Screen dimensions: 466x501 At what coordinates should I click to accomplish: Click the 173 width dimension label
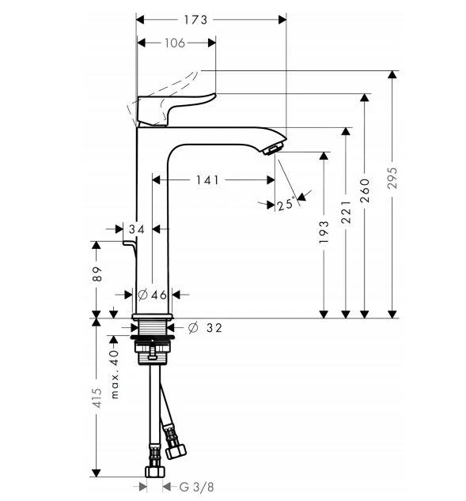[195, 20]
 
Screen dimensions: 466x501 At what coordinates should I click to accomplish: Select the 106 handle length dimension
[175, 43]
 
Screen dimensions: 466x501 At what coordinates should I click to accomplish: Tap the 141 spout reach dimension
[207, 180]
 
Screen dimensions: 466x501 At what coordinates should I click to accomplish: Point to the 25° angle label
[286, 204]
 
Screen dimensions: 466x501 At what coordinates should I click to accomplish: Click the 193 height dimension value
[324, 232]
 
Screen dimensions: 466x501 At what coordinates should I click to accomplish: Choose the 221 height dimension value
[346, 212]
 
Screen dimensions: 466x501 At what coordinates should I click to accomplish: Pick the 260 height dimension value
[364, 190]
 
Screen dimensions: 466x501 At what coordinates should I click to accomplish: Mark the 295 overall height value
[392, 178]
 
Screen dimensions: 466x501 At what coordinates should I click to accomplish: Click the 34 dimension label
[137, 229]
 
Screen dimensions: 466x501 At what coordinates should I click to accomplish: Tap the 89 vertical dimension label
[97, 274]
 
